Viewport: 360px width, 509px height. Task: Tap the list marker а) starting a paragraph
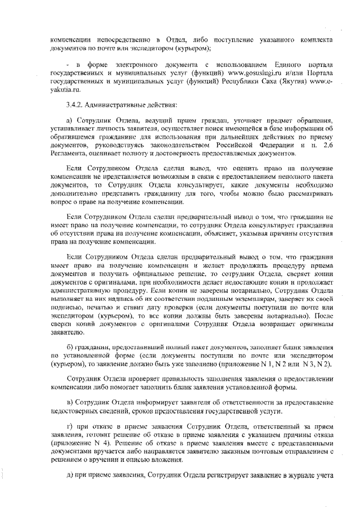coord(69,121)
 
